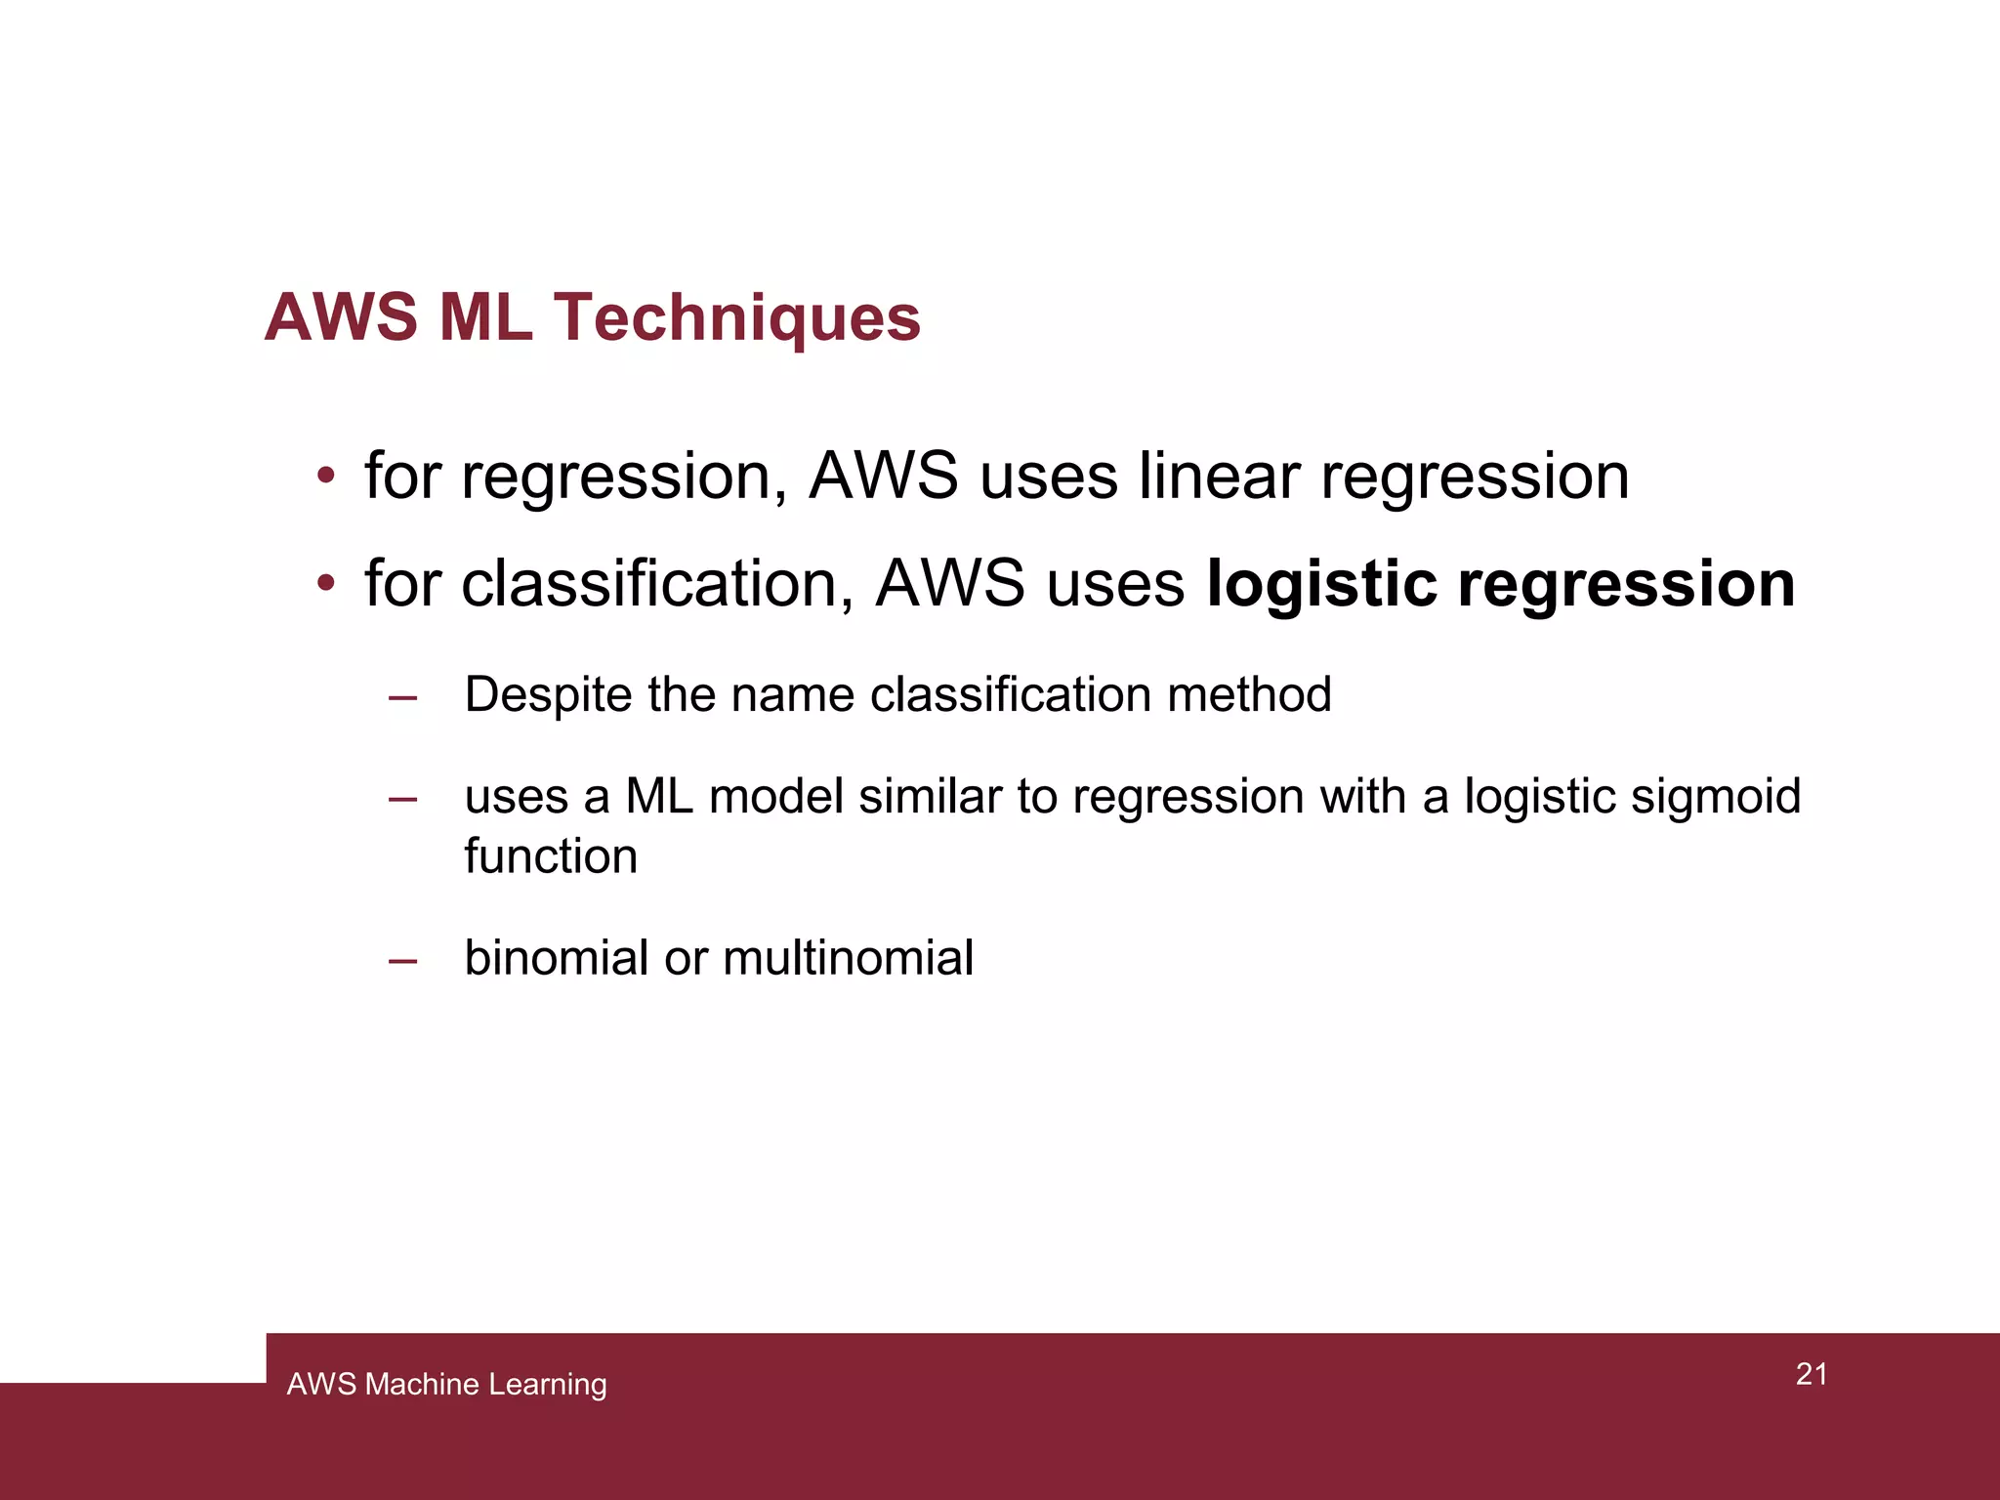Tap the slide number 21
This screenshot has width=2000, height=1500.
pos(1812,1374)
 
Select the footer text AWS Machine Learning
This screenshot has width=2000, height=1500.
pos(446,1384)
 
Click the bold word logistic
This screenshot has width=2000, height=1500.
pos(1321,584)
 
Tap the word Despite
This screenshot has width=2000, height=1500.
pos(548,695)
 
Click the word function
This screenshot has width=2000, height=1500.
pos(551,856)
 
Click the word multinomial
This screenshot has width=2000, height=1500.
pos(848,958)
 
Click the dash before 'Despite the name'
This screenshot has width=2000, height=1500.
pos(402,697)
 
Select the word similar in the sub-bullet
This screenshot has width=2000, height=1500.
pos(930,797)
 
